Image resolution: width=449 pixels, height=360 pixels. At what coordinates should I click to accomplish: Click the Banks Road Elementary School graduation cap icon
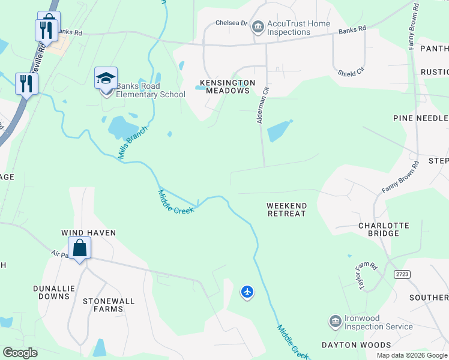point(106,79)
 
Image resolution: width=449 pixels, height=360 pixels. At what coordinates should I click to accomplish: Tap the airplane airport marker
point(247,292)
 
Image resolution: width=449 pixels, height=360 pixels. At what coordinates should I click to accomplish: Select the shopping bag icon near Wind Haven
point(79,247)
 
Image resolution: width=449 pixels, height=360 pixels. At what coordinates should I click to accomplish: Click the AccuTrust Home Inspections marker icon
point(258,26)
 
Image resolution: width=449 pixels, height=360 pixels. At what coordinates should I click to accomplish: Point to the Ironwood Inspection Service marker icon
point(336,322)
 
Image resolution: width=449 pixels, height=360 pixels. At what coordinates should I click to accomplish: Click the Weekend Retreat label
point(287,209)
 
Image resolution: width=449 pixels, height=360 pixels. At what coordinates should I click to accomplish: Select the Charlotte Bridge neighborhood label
point(384,230)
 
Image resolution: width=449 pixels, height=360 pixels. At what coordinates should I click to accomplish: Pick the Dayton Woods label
point(356,345)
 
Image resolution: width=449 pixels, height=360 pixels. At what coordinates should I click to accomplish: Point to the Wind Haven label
point(88,232)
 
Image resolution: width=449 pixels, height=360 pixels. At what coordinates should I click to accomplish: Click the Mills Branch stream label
point(132,142)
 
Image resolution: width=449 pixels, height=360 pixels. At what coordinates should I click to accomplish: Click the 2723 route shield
point(402,274)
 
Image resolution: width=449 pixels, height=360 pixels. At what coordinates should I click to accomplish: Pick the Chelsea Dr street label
point(232,23)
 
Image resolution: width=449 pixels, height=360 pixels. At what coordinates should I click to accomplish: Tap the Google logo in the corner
point(20,352)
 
